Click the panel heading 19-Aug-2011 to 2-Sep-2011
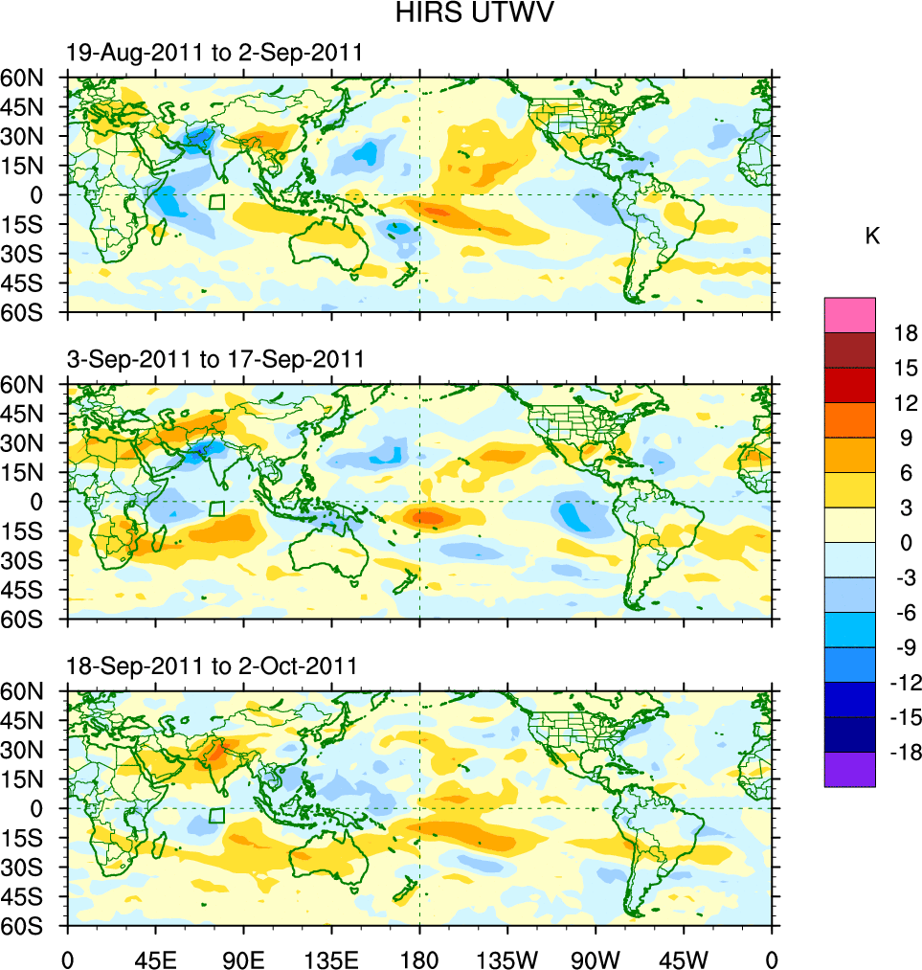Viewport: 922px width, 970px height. (214, 53)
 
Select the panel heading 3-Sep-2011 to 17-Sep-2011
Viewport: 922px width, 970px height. (215, 359)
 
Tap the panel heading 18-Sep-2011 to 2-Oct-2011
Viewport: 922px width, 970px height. (212, 665)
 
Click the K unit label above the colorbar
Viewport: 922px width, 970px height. (872, 237)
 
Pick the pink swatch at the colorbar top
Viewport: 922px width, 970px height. (849, 314)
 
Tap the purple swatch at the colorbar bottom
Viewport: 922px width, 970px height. (849, 769)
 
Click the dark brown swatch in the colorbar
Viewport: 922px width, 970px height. (849, 350)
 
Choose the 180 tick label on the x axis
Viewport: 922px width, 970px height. (419, 958)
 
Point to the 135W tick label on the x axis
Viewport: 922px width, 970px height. (507, 958)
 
